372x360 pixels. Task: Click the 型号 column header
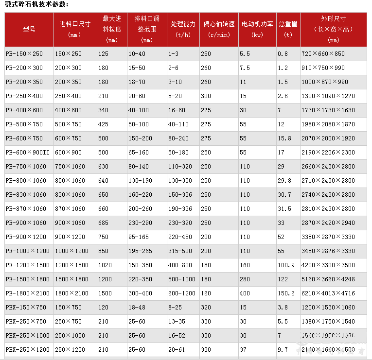[29, 29]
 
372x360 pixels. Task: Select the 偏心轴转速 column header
[218, 29]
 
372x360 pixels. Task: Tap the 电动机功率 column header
[257, 29]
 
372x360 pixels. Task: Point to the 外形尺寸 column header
[334, 29]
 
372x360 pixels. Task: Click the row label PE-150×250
[24, 54]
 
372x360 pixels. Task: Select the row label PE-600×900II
[28, 153]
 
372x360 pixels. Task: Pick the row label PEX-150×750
[26, 308]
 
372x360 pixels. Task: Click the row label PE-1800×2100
[27, 293]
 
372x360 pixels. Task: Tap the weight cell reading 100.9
[286, 265]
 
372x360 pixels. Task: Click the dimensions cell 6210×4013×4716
[328, 293]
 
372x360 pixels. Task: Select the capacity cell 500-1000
[182, 279]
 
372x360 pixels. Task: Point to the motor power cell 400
[245, 293]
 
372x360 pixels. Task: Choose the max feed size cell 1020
[105, 265]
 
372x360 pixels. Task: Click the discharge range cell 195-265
[141, 251]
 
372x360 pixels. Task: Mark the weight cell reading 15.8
[284, 138]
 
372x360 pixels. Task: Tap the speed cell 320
[206, 308]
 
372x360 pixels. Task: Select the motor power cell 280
[245, 279]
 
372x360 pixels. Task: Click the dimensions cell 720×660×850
[323, 54]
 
